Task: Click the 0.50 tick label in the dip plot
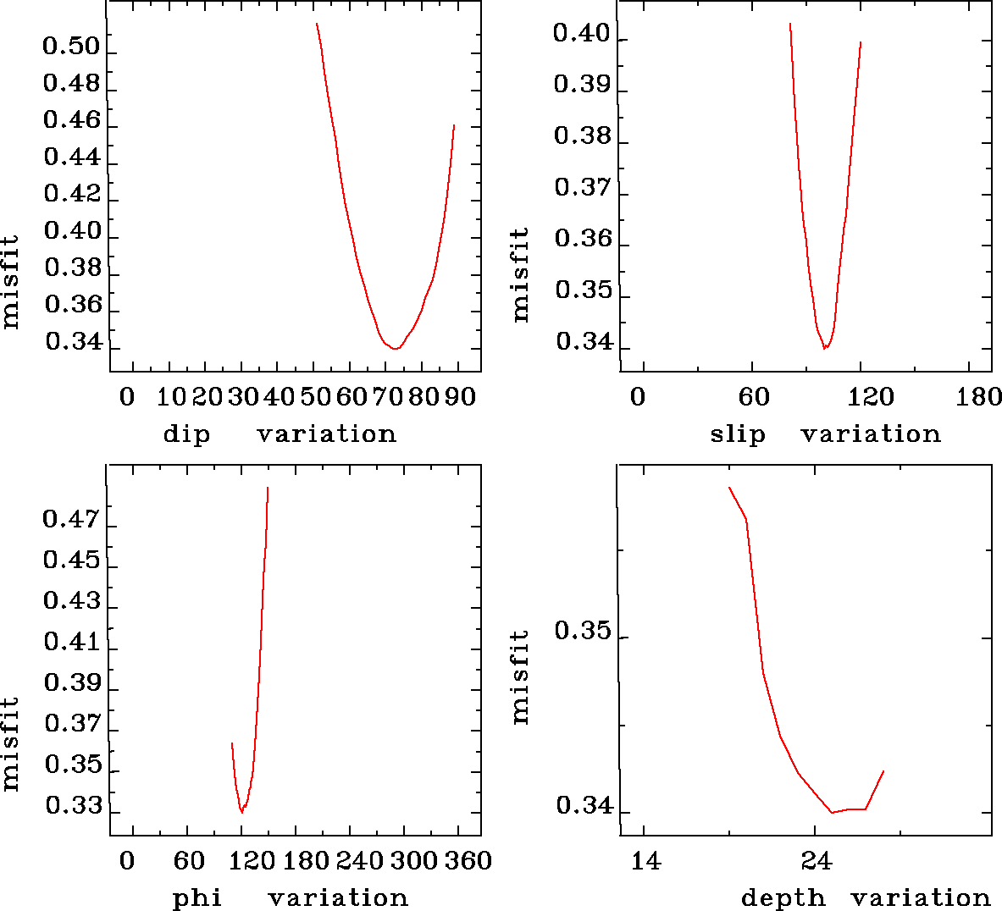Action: (x=71, y=46)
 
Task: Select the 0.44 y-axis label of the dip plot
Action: (x=71, y=157)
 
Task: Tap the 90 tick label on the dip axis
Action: (x=460, y=397)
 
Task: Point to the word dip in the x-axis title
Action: (x=185, y=434)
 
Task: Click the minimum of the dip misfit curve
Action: (x=395, y=348)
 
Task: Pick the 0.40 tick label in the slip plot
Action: (x=581, y=34)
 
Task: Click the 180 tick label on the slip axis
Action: (x=979, y=397)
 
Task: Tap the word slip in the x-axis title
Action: (x=737, y=434)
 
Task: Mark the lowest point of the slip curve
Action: (x=824, y=348)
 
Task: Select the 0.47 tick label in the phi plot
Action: (x=71, y=518)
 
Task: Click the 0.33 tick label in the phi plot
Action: (x=71, y=805)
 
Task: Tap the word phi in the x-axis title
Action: (x=197, y=898)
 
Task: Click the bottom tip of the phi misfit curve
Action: (x=241, y=812)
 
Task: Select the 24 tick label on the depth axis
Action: (x=816, y=861)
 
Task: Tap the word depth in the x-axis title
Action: (x=783, y=898)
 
